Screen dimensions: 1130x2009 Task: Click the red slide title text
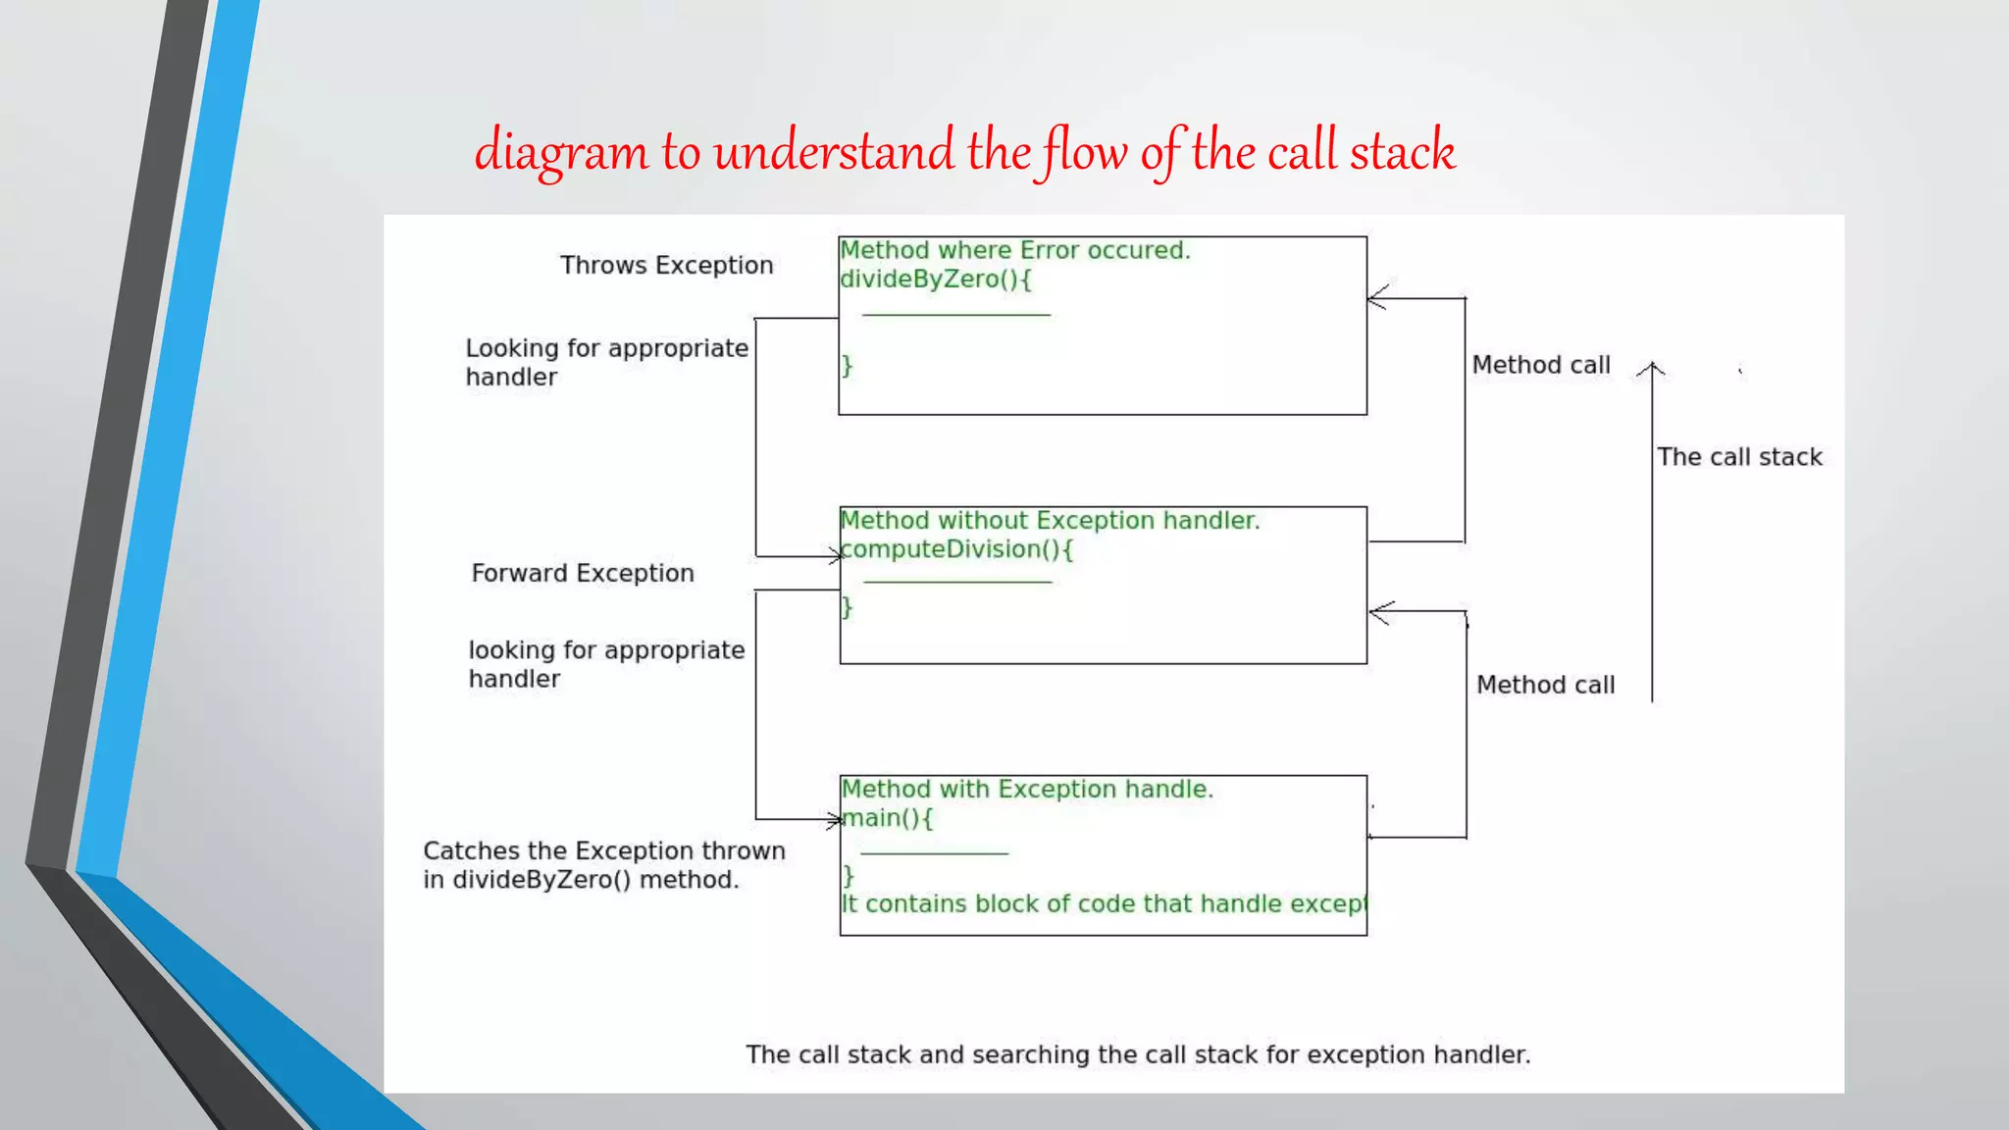tap(965, 151)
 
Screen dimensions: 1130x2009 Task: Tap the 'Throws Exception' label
tap(666, 265)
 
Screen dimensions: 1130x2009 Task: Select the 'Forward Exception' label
tap(583, 573)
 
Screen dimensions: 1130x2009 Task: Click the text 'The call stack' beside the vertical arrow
tap(1739, 457)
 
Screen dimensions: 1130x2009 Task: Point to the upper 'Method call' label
tap(1541, 365)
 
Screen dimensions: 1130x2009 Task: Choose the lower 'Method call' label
tap(1545, 685)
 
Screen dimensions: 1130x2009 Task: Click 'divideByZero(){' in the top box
tap(936, 280)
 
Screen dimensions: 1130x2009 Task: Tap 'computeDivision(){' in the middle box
tap(957, 549)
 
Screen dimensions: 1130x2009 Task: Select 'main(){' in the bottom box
tap(888, 818)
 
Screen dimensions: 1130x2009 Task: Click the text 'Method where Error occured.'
tap(1015, 250)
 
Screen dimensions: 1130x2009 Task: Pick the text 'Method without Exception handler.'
tap(1050, 520)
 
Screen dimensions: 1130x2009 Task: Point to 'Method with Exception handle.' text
tap(1027, 790)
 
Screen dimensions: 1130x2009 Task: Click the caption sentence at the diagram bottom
tap(1138, 1054)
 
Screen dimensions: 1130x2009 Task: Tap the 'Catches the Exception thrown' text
tap(604, 851)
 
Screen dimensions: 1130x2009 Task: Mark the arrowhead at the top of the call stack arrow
tap(1652, 368)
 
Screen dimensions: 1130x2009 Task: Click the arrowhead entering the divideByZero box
tap(1375, 298)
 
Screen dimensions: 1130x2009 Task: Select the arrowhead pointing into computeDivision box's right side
tap(1378, 612)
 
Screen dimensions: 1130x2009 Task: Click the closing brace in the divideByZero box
tap(848, 366)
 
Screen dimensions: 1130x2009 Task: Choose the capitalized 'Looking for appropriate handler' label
tap(606, 362)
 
